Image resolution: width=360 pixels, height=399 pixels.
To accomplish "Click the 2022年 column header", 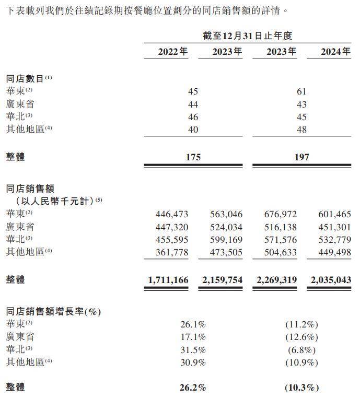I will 172,52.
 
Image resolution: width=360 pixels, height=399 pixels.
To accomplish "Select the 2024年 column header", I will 335,52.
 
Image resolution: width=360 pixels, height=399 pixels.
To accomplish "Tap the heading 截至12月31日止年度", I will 247,36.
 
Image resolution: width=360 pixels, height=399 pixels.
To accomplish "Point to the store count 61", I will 301,91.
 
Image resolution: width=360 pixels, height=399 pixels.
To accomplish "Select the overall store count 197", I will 301,157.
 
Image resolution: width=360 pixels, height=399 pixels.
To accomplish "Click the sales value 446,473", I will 172,214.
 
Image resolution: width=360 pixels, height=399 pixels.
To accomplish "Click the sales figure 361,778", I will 172,252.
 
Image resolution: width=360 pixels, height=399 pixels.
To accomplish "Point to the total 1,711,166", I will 168,280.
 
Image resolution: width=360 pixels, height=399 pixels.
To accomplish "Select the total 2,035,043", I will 331,280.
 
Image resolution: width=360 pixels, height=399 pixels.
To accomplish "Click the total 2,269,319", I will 276,280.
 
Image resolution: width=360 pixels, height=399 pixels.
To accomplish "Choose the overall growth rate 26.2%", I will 193,388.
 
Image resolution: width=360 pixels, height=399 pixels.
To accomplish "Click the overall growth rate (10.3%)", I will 301,388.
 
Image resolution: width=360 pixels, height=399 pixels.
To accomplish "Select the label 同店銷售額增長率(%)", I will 53,312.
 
